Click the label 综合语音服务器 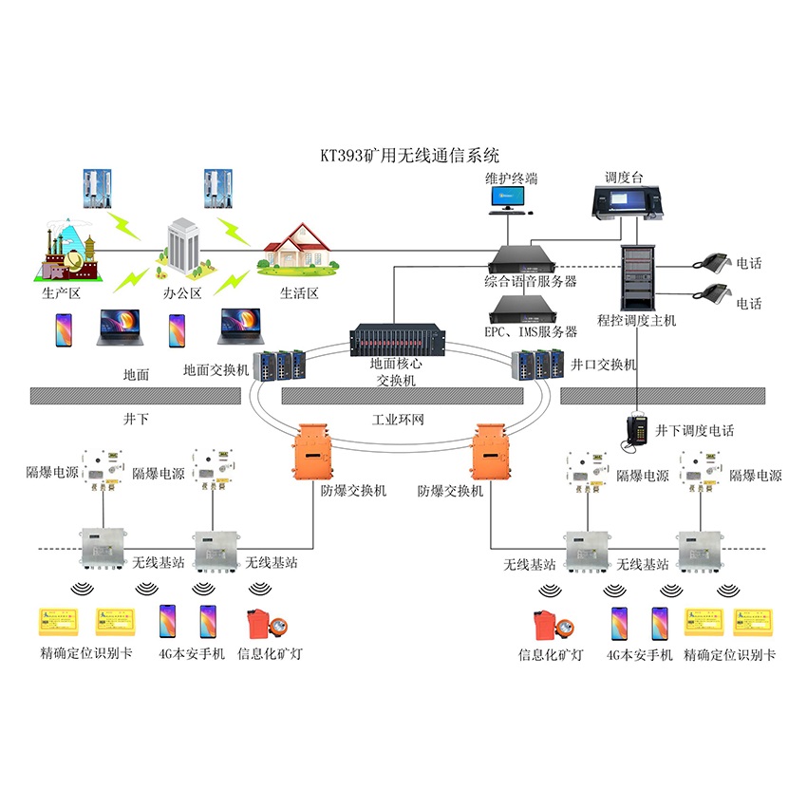coord(530,281)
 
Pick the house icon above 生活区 coord(299,248)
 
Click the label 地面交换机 coord(216,370)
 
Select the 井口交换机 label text coord(606,365)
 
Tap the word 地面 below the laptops coord(137,374)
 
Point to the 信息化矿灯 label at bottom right coord(550,654)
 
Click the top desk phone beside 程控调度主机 coord(711,263)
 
